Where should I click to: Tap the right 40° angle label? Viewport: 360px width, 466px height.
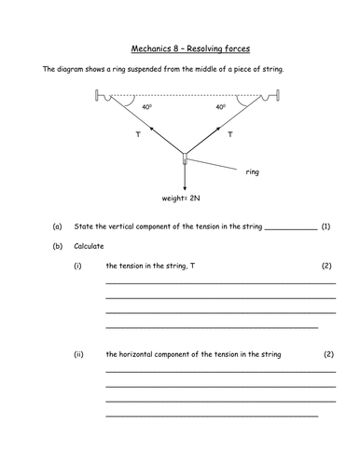(x=220, y=107)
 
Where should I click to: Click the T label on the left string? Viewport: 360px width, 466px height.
(x=135, y=135)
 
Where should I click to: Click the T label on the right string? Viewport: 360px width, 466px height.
(x=230, y=135)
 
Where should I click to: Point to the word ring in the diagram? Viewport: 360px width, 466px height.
(x=251, y=172)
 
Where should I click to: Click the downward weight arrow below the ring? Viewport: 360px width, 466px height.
(x=184, y=177)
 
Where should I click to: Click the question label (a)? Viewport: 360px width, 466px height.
(x=58, y=226)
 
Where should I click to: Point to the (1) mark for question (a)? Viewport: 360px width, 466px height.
(x=325, y=226)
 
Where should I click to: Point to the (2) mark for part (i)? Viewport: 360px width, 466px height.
(x=326, y=267)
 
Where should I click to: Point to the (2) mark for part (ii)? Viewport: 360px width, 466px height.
(x=328, y=354)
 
